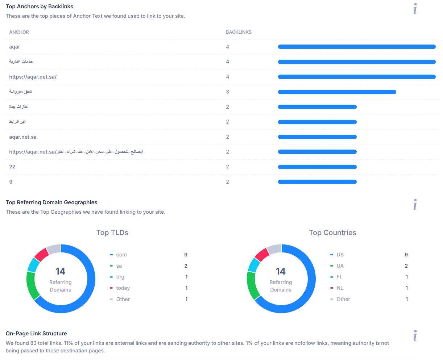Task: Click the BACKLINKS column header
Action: coord(239,32)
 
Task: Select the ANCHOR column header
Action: coord(19,32)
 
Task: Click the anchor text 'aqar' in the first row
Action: coord(15,47)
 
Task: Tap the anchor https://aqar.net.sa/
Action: coord(33,77)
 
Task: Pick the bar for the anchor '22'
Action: coord(317,167)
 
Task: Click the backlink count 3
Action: coord(228,92)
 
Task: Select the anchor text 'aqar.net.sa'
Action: coord(23,137)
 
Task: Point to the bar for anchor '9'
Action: coord(317,182)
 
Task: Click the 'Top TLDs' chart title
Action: coord(112,233)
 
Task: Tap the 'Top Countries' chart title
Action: coord(332,233)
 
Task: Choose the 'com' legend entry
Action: coord(121,255)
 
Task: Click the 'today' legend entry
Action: coord(123,288)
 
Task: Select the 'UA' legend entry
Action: coord(340,266)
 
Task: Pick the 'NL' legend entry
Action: coord(340,288)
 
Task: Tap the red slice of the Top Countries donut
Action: coord(261,255)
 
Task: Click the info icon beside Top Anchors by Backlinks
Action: coord(415,9)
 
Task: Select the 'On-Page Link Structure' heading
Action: coord(36,334)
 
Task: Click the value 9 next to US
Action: coord(406,255)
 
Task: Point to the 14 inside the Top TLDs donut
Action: coord(61,272)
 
